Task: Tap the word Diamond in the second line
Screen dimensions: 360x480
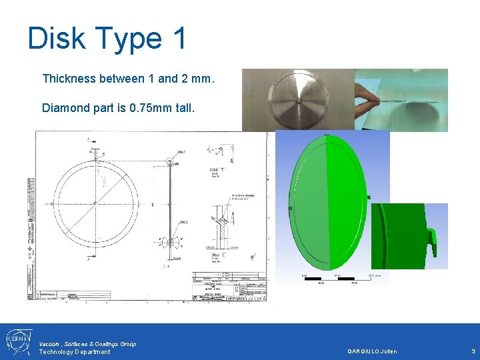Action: pos(65,107)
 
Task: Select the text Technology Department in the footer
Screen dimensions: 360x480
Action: pos(75,352)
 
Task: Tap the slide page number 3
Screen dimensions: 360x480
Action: pos(472,351)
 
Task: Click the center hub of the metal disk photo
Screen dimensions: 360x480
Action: pos(299,100)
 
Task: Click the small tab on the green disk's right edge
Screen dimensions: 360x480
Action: pos(368,197)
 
